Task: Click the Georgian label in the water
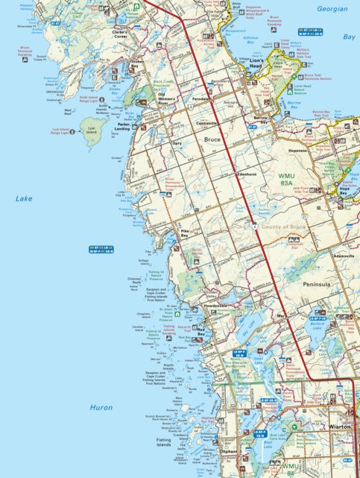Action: (332, 9)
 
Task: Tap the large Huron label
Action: (101, 408)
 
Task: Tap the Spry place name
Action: (177, 142)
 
